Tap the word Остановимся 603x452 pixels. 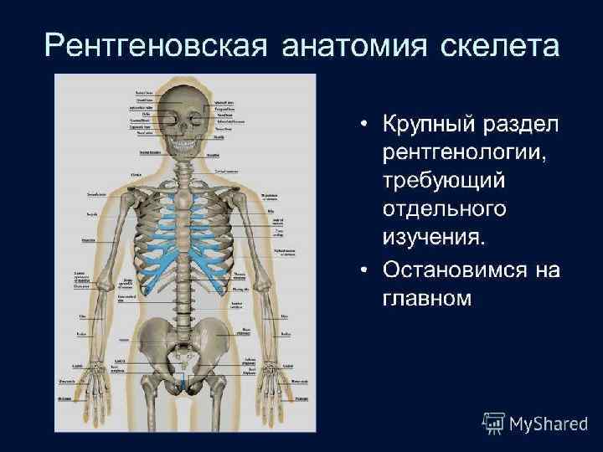(458, 270)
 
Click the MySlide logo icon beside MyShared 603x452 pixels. (493, 424)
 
